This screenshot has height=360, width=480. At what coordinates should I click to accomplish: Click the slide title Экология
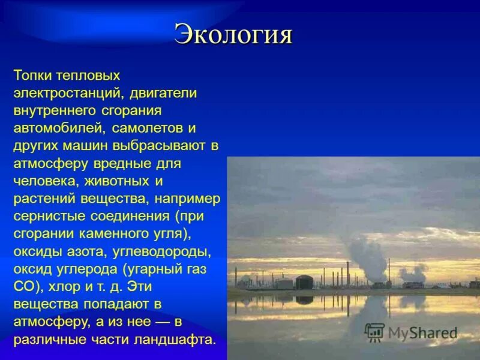[x=233, y=35]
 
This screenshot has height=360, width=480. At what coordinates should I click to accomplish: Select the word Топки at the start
[x=32, y=76]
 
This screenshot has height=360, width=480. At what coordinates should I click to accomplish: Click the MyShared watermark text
[x=422, y=332]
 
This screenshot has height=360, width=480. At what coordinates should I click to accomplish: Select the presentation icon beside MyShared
[x=374, y=331]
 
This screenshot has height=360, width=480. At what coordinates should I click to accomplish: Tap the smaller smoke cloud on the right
[x=413, y=273]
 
